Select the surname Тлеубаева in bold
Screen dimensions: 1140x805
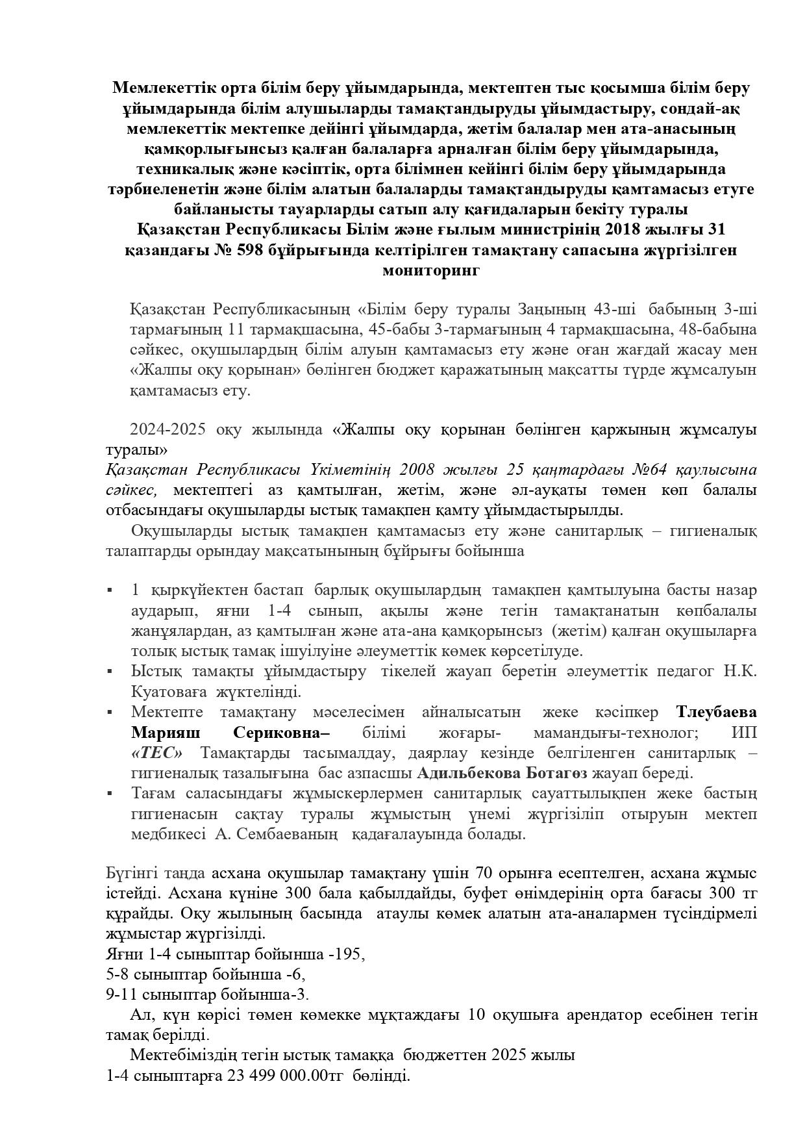tap(716, 712)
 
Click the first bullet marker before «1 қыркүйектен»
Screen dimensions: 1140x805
tap(110, 590)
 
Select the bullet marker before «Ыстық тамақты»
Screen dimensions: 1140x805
tap(110, 671)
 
